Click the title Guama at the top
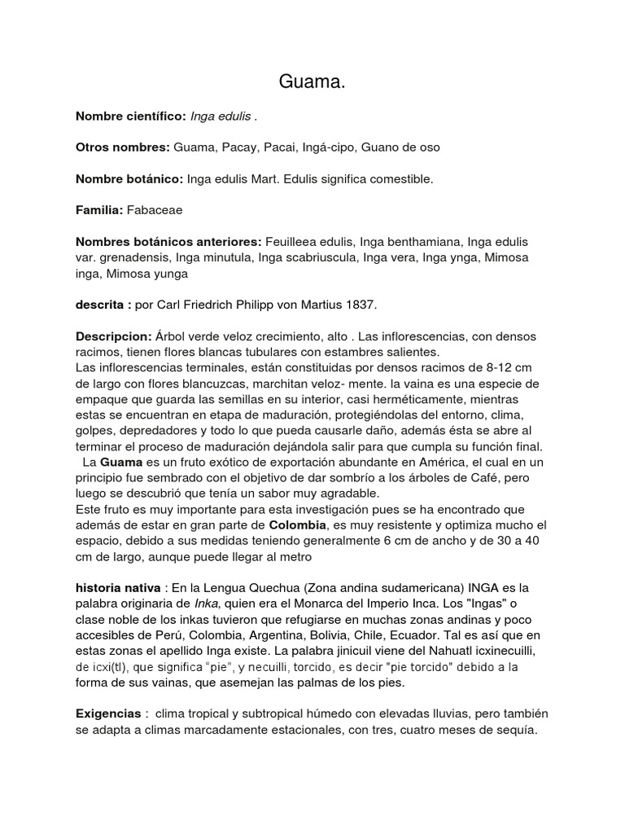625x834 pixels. pyautogui.click(x=312, y=81)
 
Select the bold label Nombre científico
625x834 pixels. pyautogui.click(x=130, y=116)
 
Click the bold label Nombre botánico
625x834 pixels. pyautogui.click(x=129, y=179)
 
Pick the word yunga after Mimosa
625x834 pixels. pyautogui.click(x=170, y=274)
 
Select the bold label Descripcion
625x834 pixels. pyautogui.click(x=114, y=336)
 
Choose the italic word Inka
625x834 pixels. pyautogui.click(x=207, y=604)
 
